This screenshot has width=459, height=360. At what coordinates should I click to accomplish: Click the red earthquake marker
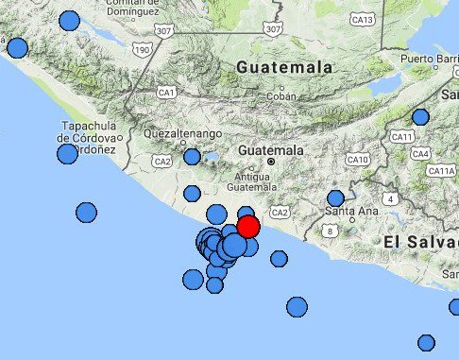(248, 227)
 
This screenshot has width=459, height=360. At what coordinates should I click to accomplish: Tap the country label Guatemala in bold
(285, 68)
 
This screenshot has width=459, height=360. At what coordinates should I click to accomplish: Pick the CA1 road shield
(168, 92)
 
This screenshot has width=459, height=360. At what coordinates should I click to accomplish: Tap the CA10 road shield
(358, 160)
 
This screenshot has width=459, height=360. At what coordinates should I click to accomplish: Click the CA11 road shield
(402, 137)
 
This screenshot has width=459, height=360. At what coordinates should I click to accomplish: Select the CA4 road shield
(421, 153)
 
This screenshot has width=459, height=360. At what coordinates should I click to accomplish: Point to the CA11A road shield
(441, 171)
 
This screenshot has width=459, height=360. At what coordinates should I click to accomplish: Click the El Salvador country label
(420, 243)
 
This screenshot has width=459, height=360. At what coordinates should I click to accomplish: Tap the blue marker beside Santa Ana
(335, 198)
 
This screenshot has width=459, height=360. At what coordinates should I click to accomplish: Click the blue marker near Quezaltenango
(192, 157)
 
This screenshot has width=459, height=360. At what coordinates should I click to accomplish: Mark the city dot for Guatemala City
(270, 163)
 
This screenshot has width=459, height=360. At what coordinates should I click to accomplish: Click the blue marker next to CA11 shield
(420, 117)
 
